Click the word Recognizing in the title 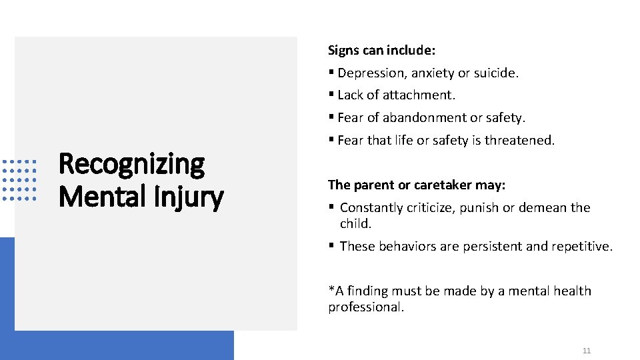tap(132, 165)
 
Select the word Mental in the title tap(97, 197)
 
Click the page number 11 tap(587, 351)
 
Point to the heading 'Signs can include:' tap(381, 50)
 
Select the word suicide tap(495, 73)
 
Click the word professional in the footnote tap(365, 307)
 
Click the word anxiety tap(433, 73)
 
